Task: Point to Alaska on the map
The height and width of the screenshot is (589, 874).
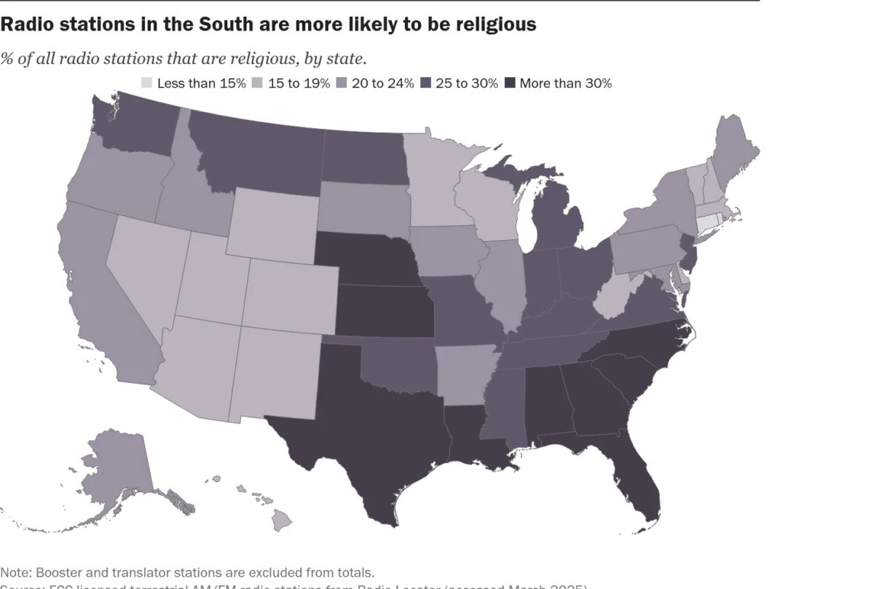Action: pos(117,466)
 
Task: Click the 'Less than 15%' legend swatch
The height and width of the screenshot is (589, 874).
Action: pos(147,83)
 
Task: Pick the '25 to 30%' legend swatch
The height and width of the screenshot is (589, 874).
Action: pos(426,83)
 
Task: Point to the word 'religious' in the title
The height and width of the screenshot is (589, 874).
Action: pos(492,24)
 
